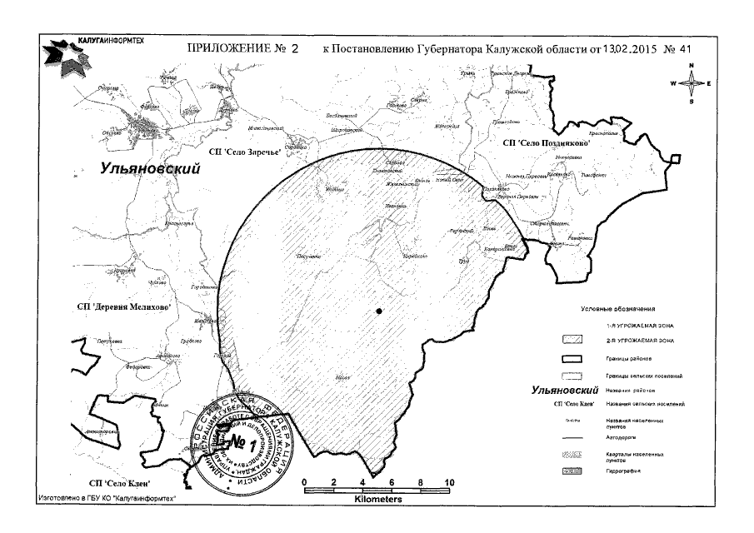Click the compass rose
(691, 84)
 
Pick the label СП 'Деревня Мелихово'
(124, 307)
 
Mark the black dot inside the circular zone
(379, 311)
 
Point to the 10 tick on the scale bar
(450, 483)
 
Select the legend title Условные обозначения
(618, 309)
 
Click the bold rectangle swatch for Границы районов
(572, 358)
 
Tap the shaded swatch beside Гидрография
(572, 471)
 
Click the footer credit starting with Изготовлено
(108, 499)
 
